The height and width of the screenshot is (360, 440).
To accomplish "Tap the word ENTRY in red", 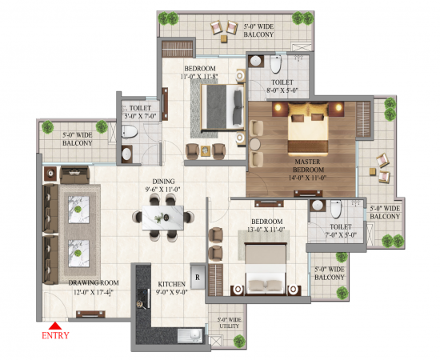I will tap(54, 337).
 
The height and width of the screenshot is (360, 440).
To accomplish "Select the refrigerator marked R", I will tap(196, 273).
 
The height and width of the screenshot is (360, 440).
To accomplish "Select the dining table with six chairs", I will tap(164, 217).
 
